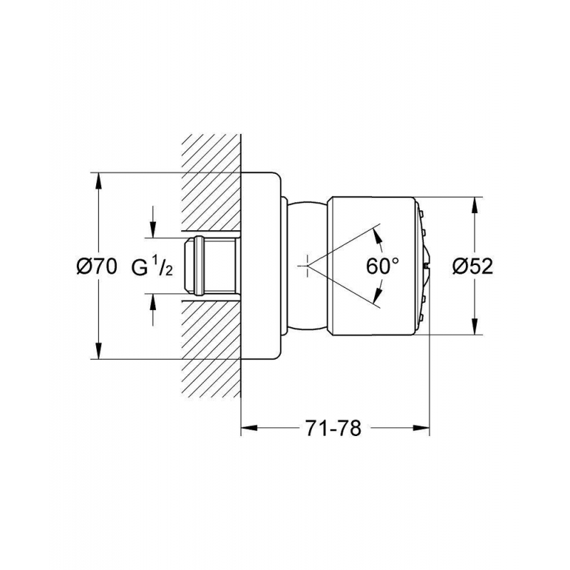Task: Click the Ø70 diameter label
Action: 97,266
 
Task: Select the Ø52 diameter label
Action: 472,266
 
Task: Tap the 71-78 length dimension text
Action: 333,428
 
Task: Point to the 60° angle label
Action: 382,266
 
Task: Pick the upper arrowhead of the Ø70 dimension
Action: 98,180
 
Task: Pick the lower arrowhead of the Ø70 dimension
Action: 98,351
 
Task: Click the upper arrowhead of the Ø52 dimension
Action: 475,205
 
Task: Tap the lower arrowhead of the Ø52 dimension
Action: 475,326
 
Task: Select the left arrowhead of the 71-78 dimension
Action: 249,428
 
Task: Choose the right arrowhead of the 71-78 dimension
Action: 422,428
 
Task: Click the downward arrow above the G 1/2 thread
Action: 153,222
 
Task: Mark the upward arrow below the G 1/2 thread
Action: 153,309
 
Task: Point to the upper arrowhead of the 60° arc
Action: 378,238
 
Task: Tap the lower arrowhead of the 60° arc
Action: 378,295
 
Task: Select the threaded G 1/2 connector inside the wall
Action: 210,266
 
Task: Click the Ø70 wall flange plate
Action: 261,266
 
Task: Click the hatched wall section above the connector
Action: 211,182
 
